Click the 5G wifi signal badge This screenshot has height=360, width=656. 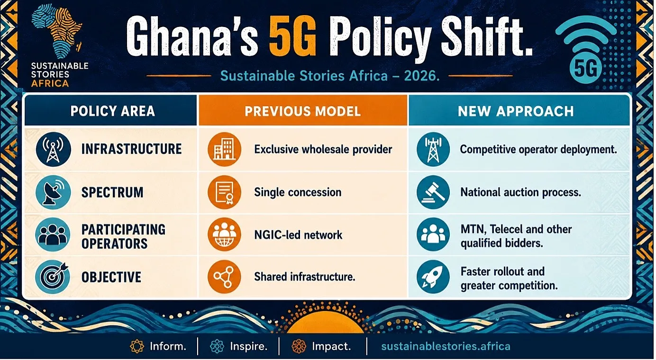click(x=586, y=50)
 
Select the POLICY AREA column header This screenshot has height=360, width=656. click(x=112, y=111)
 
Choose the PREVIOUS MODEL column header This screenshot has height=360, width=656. click(x=302, y=111)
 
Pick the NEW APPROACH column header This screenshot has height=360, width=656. click(x=516, y=111)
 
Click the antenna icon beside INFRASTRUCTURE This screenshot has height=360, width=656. click(x=53, y=149)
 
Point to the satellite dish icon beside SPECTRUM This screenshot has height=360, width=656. click(x=53, y=192)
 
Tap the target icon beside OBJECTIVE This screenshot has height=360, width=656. click(x=53, y=277)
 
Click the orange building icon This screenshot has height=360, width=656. click(x=224, y=149)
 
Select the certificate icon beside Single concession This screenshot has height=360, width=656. click(x=224, y=192)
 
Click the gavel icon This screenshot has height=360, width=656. click(x=433, y=192)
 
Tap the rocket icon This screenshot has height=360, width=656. click(x=433, y=277)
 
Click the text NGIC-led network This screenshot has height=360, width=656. click(x=298, y=235)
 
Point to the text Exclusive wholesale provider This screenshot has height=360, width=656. click(x=323, y=150)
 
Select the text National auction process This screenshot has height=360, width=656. click(x=521, y=192)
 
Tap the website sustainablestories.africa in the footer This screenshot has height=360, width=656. click(x=446, y=347)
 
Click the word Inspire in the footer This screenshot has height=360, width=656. click(x=249, y=347)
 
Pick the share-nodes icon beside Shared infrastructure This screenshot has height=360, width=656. click(x=224, y=277)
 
